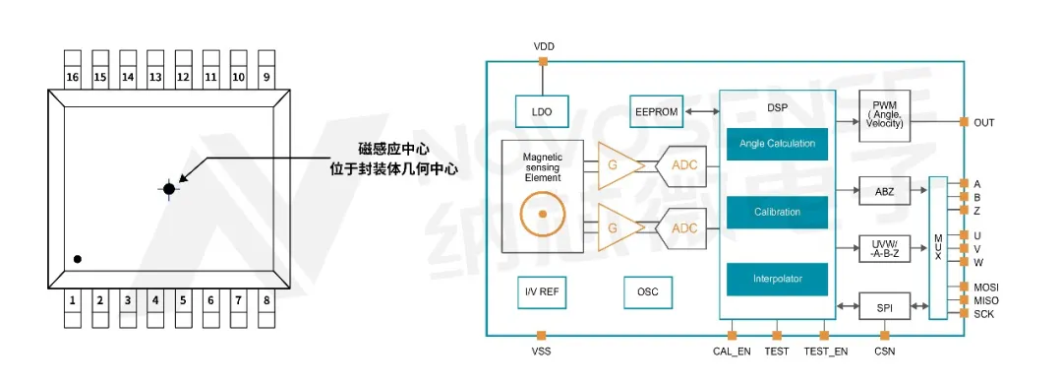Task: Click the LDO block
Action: (x=542, y=112)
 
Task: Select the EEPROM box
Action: (x=656, y=112)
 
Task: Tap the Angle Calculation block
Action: (x=777, y=144)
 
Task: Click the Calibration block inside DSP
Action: (x=777, y=212)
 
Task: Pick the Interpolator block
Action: (x=777, y=280)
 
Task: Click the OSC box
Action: (x=648, y=291)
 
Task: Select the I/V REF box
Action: (x=542, y=291)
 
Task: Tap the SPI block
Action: (x=885, y=308)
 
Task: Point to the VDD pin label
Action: (x=543, y=46)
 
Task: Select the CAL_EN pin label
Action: (x=732, y=352)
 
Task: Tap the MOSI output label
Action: (x=986, y=287)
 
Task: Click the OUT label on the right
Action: (x=984, y=122)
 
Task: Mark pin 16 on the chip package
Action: (x=72, y=77)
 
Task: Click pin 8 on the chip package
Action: (x=265, y=298)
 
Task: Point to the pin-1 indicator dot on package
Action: (x=77, y=259)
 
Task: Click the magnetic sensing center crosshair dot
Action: (x=169, y=187)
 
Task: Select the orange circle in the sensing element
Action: (x=540, y=214)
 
